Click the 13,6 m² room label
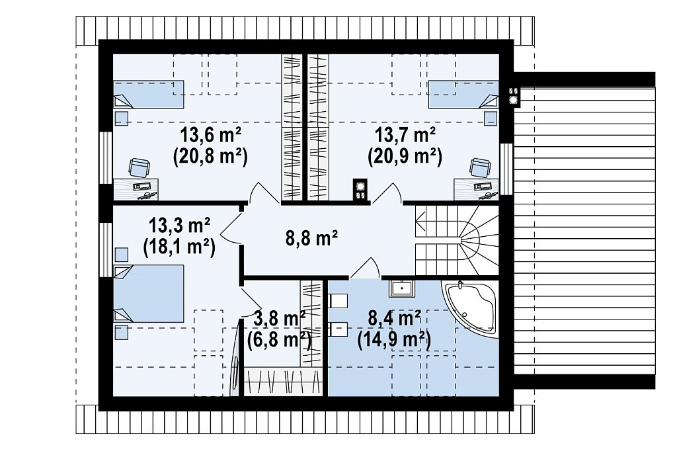click(210, 136)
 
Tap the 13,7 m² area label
click(405, 136)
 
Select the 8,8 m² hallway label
click(312, 237)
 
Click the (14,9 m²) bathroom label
click(394, 341)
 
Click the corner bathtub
click(470, 308)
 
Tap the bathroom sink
click(401, 288)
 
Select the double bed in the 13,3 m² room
click(149, 294)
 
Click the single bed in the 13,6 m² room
click(149, 94)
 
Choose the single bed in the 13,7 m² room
click(463, 94)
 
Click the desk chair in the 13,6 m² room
click(139, 167)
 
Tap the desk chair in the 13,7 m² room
click(480, 167)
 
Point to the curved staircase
click(457, 240)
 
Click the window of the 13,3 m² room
click(106, 249)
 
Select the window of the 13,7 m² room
click(506, 169)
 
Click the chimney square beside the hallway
click(360, 190)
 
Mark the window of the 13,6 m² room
click(106, 157)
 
